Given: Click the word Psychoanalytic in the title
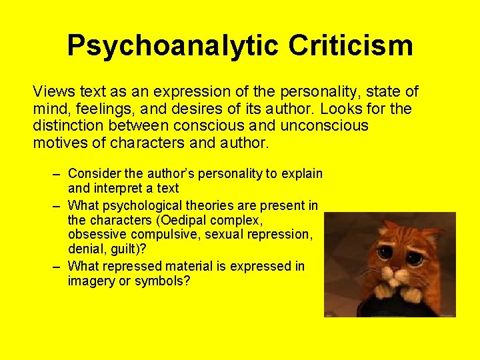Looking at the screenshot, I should (173, 46).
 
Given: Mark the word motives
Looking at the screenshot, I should (59, 142).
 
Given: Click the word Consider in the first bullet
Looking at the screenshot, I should (93, 174).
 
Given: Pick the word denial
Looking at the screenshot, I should (85, 250).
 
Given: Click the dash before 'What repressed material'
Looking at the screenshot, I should (57, 266).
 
